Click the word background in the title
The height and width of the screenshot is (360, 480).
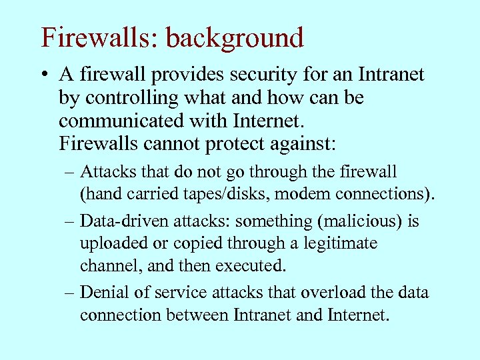(234, 37)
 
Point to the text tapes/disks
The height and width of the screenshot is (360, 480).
(221, 194)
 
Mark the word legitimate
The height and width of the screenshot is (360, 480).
(341, 243)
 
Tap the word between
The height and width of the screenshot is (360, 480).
(201, 315)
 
